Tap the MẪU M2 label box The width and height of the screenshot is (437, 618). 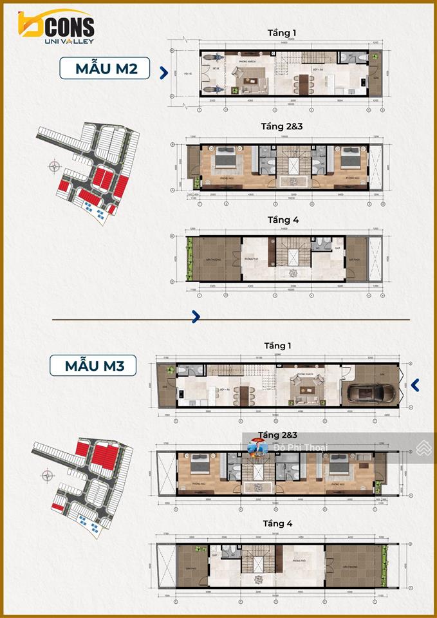coord(105,68)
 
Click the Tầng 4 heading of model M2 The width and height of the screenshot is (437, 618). coord(283,220)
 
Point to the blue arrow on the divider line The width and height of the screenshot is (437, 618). coord(196,317)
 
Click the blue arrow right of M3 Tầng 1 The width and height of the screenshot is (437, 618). coord(415,385)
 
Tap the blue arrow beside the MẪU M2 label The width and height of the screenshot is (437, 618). coord(164,73)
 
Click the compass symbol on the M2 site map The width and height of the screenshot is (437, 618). coord(51,169)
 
